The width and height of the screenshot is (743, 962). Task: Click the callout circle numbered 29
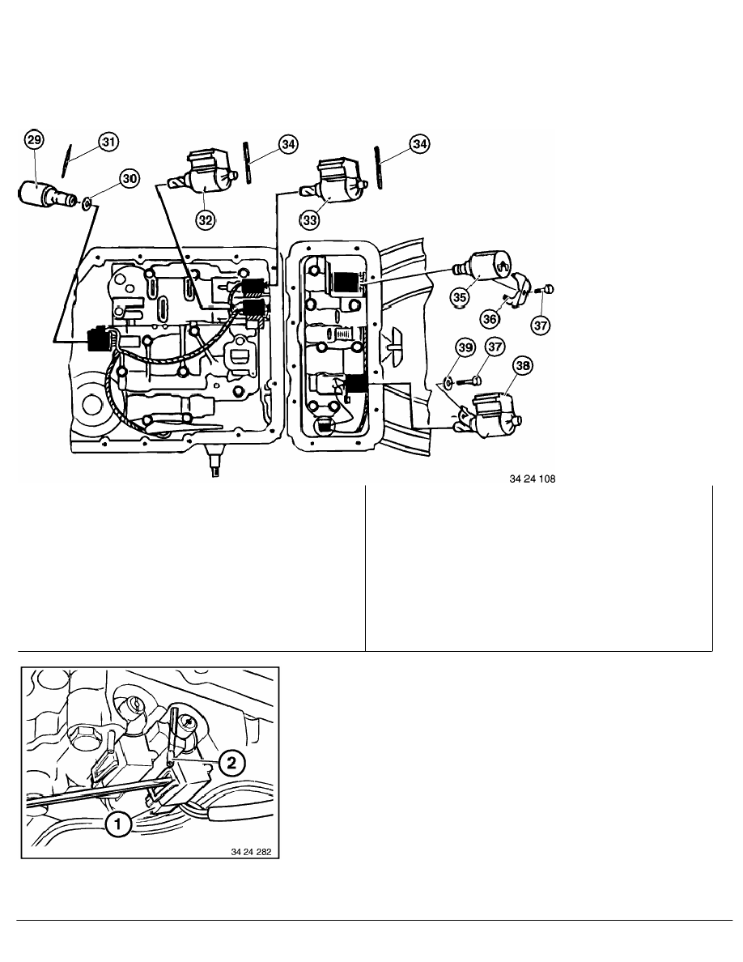pyautogui.click(x=34, y=140)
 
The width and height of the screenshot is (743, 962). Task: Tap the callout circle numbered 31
pyautogui.click(x=108, y=143)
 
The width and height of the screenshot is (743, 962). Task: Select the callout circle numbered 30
pyautogui.click(x=129, y=178)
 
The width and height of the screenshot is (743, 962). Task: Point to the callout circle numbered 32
pyautogui.click(x=206, y=219)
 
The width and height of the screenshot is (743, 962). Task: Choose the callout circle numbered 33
pyautogui.click(x=310, y=219)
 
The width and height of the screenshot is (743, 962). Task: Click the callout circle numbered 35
pyautogui.click(x=460, y=297)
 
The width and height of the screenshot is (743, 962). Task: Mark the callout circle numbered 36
pyautogui.click(x=490, y=319)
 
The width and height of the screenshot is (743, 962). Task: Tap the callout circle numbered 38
pyautogui.click(x=522, y=366)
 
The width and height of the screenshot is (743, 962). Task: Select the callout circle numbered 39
pyautogui.click(x=466, y=348)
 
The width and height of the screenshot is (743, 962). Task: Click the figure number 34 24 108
pyautogui.click(x=532, y=479)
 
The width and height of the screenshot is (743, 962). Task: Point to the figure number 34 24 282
pyautogui.click(x=251, y=852)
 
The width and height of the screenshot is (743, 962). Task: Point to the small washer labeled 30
pyautogui.click(x=87, y=202)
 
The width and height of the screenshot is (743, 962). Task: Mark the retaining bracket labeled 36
pyautogui.click(x=519, y=290)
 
